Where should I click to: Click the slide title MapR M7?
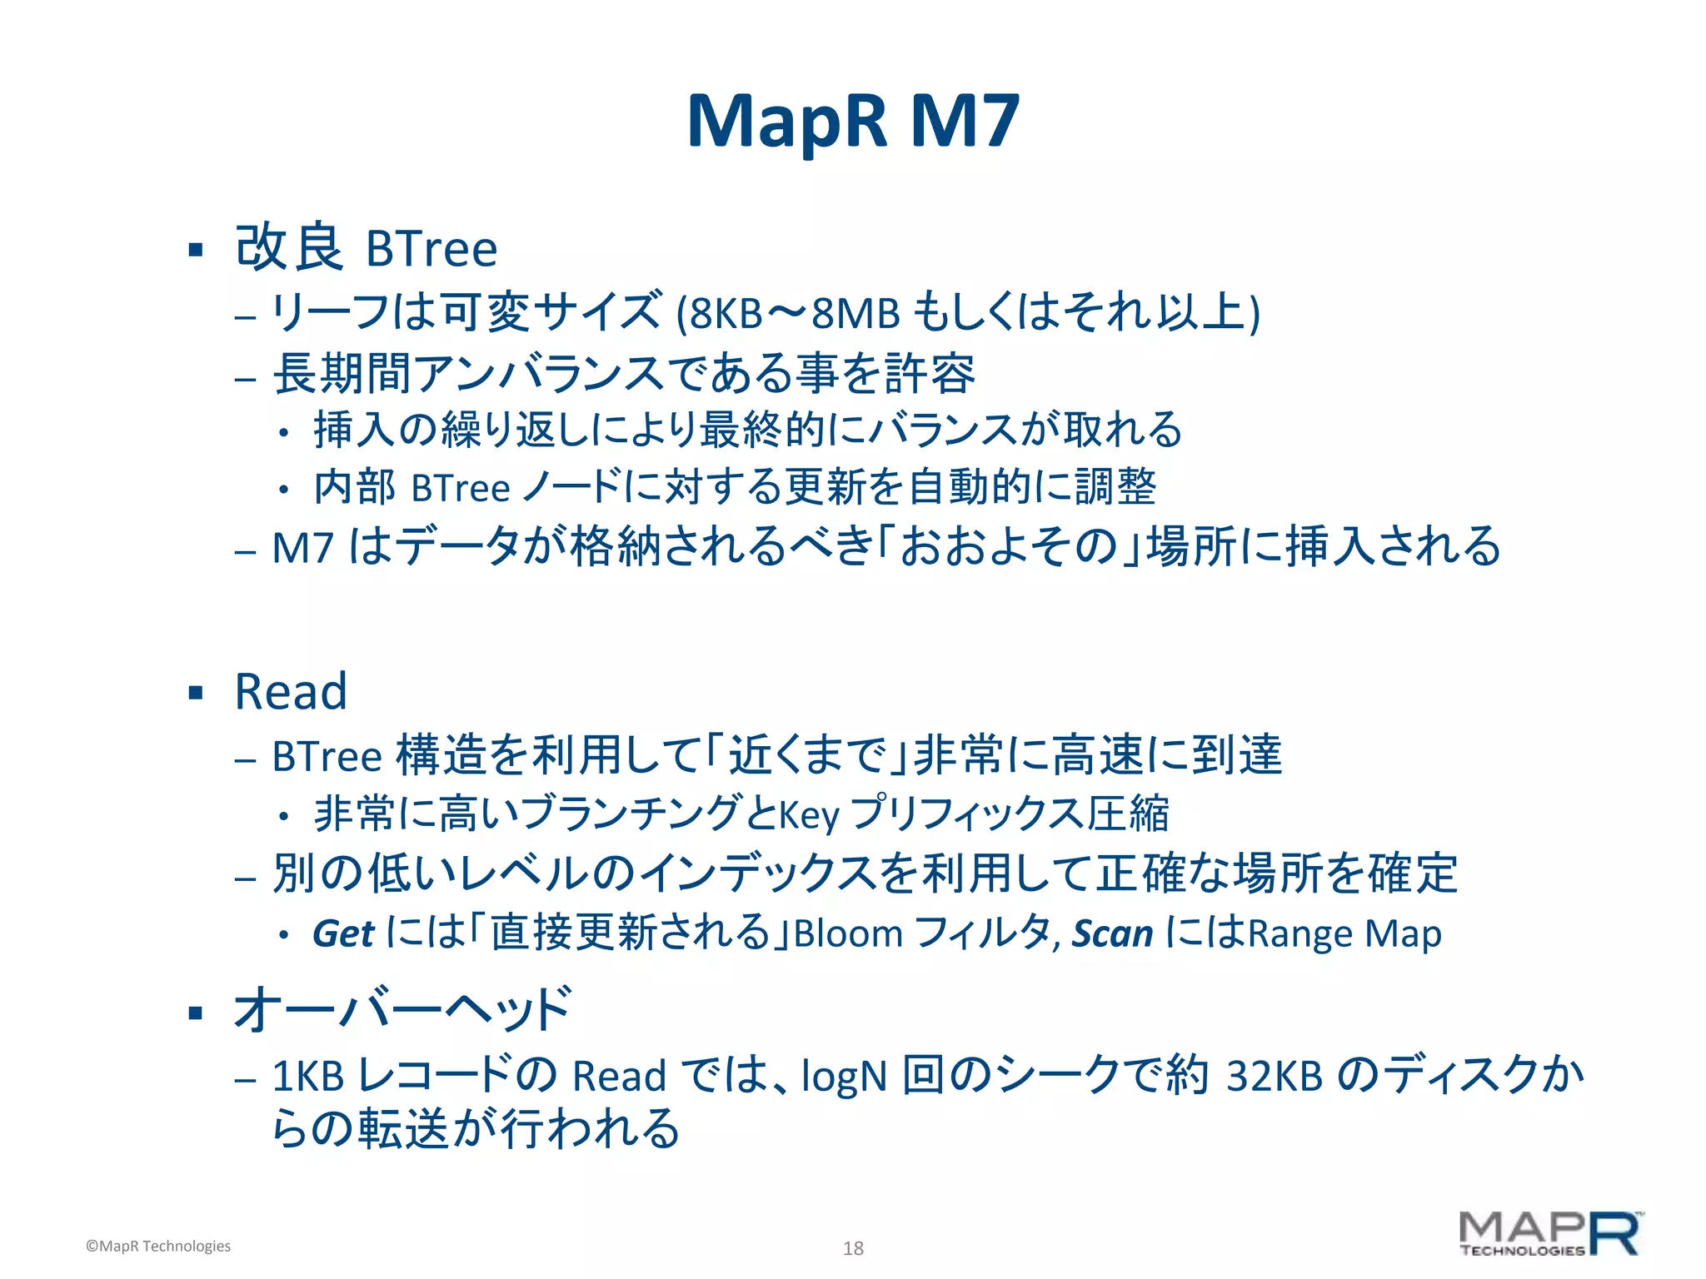(852, 122)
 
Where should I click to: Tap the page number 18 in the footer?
(853, 1247)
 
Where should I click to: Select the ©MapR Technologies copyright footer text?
(158, 1246)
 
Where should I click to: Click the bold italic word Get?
(343, 934)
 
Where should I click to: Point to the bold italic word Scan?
(1112, 934)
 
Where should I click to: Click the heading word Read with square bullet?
(291, 692)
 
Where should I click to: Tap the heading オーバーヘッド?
(402, 1010)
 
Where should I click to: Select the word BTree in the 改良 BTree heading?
(431, 249)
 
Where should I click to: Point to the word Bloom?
(848, 934)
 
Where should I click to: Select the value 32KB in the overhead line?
(1275, 1076)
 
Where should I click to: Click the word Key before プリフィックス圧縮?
(808, 815)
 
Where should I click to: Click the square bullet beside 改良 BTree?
(196, 250)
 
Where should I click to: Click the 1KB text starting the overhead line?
(308, 1077)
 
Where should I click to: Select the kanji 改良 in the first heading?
(288, 247)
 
